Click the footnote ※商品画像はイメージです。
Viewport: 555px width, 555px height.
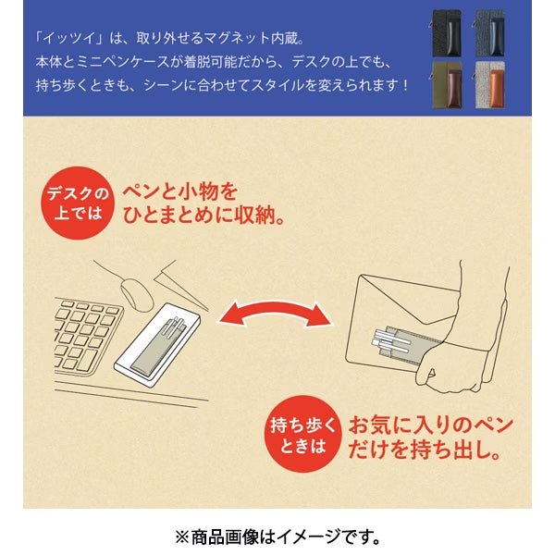coord(277,536)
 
